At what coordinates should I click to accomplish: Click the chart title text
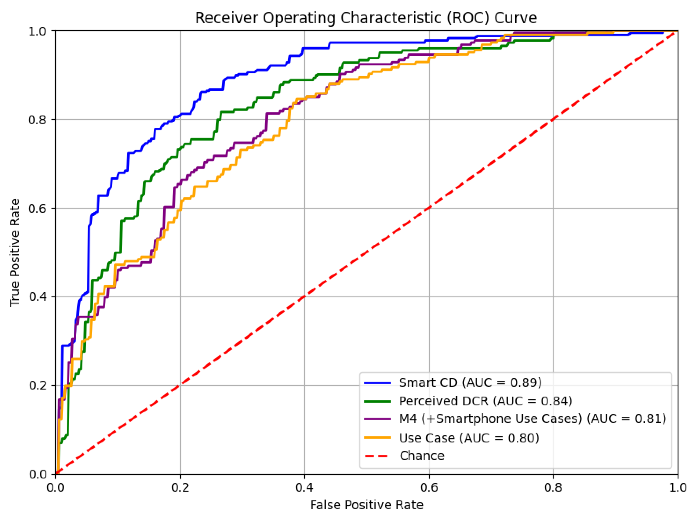pos(366,18)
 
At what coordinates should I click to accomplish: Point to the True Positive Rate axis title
pos(15,252)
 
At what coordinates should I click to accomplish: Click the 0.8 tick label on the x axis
pos(553,487)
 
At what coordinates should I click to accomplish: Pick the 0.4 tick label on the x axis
pos(304,487)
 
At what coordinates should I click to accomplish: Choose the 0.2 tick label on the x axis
pos(180,487)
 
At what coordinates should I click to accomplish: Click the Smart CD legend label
pos(470,382)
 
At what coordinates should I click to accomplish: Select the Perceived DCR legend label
pos(485,401)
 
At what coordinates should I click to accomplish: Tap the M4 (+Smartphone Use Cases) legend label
pos(533,419)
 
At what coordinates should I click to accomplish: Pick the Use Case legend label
pos(469,438)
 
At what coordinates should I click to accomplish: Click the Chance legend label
pos(422,456)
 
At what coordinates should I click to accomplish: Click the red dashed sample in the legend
pos(377,456)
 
